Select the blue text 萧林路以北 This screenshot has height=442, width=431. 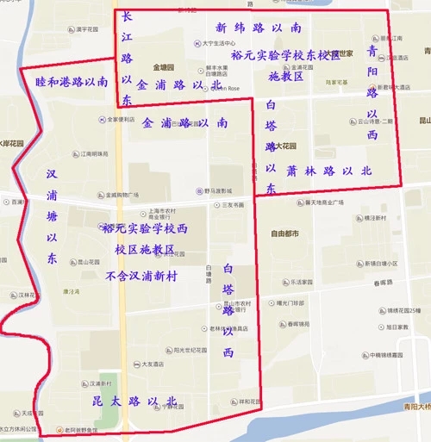coord(328,171)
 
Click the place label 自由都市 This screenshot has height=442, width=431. coord(284,233)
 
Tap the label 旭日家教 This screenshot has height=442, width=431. coord(401,327)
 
